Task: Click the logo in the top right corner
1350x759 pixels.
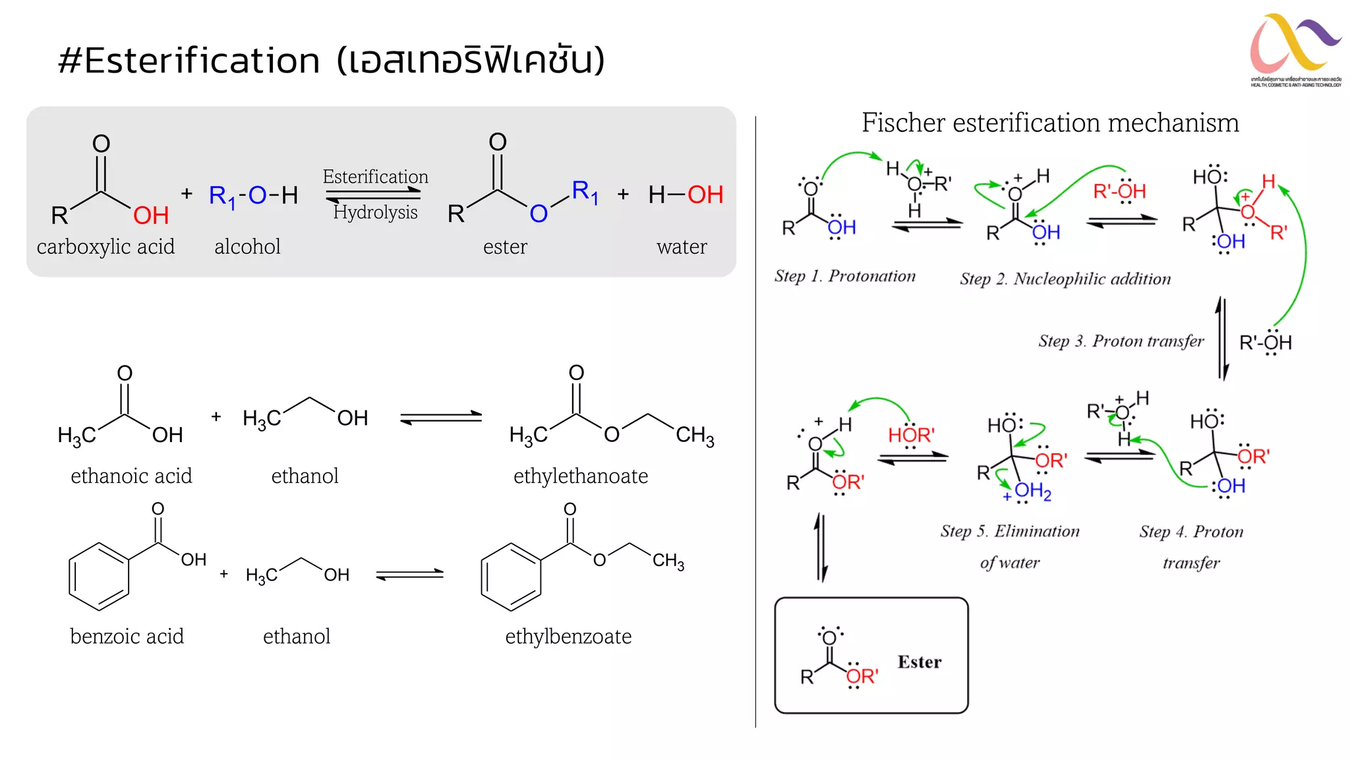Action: pos(1295,50)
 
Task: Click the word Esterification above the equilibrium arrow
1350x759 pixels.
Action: pos(375,177)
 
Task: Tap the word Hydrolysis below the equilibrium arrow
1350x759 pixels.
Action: pos(375,212)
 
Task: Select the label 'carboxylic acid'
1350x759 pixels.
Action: pos(105,247)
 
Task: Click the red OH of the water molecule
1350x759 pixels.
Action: pos(705,195)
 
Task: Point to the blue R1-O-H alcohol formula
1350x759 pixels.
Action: pos(253,196)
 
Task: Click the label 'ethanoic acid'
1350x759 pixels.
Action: pos(131,476)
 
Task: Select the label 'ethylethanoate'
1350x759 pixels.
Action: pos(580,476)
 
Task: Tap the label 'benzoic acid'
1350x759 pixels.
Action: pos(127,636)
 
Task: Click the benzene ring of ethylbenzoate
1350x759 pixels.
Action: pos(511,577)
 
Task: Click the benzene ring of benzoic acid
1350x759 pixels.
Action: pos(99,576)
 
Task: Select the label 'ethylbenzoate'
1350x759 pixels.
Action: pos(568,636)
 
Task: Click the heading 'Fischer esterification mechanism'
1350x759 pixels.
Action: pos(1050,123)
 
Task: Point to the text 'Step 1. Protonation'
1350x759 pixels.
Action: pos(844,276)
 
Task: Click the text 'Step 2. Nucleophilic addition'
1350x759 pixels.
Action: pos(1065,279)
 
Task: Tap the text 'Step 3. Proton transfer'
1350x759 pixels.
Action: pos(1121,341)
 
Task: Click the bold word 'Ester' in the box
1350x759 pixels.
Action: pos(919,662)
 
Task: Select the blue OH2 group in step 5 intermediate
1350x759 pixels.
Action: pos(1032,491)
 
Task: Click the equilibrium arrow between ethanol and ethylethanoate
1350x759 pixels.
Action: pos(441,418)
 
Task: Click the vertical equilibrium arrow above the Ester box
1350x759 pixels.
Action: pos(821,548)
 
